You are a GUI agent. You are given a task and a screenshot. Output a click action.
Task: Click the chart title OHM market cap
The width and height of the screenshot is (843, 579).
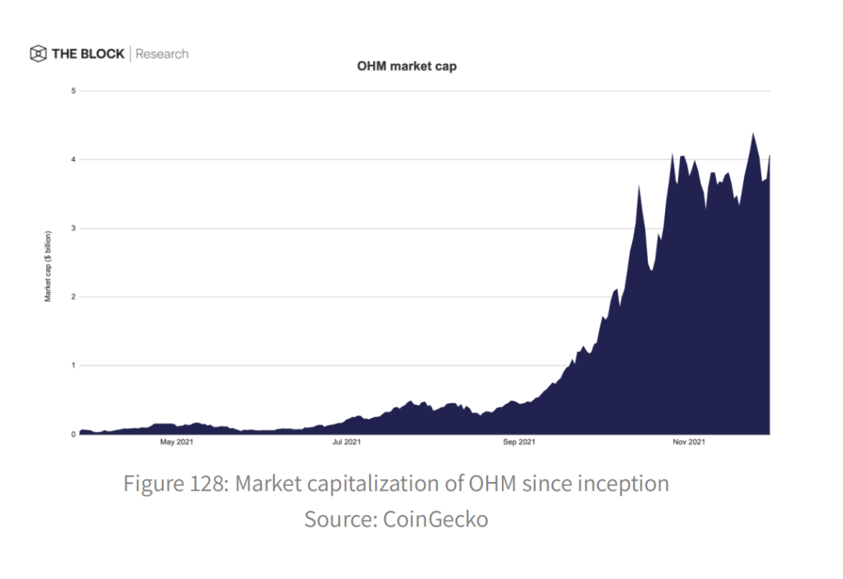pyautogui.click(x=407, y=66)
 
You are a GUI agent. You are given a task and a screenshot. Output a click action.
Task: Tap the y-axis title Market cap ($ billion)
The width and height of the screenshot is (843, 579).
pyautogui.click(x=48, y=266)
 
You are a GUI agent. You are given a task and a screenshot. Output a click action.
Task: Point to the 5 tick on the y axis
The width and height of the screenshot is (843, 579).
pyautogui.click(x=73, y=91)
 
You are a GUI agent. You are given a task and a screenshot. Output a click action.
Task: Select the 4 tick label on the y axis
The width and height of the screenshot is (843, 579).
pyautogui.click(x=73, y=159)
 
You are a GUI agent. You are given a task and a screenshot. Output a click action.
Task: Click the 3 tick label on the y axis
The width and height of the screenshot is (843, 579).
pyautogui.click(x=73, y=228)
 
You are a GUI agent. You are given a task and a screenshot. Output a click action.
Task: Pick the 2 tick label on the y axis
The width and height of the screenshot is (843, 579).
pyautogui.click(x=73, y=297)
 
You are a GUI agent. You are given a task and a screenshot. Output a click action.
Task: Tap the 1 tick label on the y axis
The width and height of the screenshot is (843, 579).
pyautogui.click(x=73, y=366)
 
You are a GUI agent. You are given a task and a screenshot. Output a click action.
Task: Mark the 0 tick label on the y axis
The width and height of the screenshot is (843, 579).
pyautogui.click(x=73, y=434)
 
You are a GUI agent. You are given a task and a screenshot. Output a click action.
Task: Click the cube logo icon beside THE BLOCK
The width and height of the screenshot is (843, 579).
pyautogui.click(x=38, y=54)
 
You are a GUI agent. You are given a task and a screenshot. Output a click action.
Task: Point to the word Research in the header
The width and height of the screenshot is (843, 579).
pyautogui.click(x=162, y=54)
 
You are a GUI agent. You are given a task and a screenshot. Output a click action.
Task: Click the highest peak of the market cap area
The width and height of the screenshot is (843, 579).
pyautogui.click(x=752, y=134)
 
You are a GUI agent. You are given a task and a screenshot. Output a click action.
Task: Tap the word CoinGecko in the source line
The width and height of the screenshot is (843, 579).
pyautogui.click(x=435, y=519)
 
